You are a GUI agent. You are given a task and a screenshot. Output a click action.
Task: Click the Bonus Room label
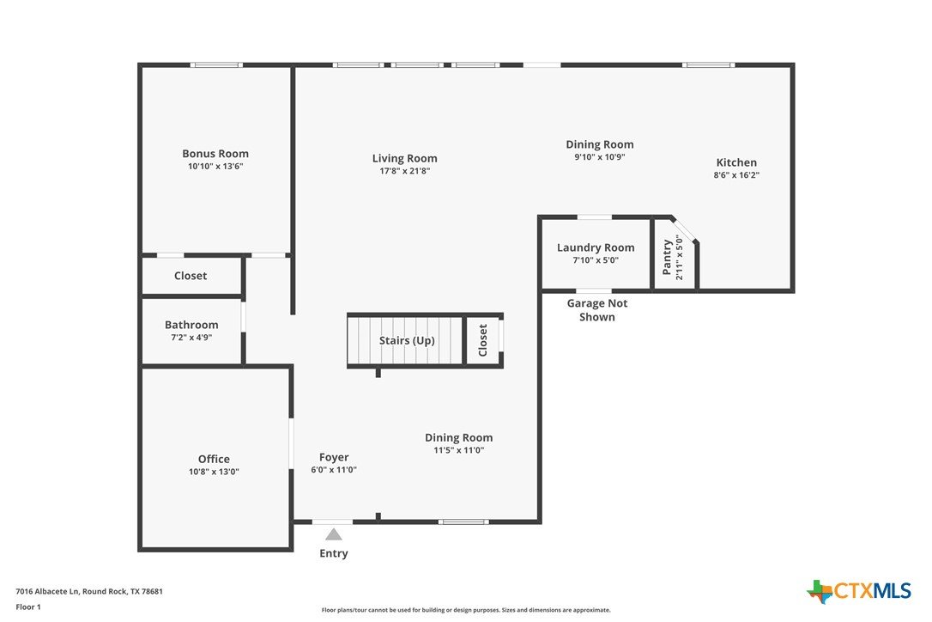click(x=215, y=154)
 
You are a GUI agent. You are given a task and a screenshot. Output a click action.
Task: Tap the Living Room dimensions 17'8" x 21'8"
click(x=405, y=172)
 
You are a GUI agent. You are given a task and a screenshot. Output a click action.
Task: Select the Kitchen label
click(x=736, y=162)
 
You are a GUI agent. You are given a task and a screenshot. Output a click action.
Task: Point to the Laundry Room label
click(x=596, y=247)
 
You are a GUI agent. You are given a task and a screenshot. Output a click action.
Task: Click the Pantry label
click(x=667, y=257)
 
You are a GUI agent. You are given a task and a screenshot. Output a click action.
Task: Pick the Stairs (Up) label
click(x=407, y=340)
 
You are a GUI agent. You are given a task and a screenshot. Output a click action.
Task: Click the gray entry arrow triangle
click(x=334, y=534)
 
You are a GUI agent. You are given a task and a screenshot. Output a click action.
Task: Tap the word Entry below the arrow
click(x=334, y=553)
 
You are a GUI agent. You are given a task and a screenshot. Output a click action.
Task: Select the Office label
click(x=214, y=459)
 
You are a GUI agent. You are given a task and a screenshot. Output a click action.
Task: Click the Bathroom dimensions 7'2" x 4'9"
click(x=191, y=338)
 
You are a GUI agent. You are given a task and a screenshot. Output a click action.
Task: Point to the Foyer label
click(x=334, y=457)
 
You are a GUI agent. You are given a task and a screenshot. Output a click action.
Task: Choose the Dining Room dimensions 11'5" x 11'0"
click(x=459, y=450)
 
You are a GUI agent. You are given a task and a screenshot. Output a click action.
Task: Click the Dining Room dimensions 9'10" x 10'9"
click(x=600, y=157)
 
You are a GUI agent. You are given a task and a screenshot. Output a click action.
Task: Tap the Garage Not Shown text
click(x=597, y=310)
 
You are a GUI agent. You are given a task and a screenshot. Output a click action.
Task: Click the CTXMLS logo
click(x=859, y=592)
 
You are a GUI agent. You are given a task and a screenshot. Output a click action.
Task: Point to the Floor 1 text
click(x=28, y=607)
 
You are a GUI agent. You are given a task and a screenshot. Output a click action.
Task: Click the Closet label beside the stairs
click(x=482, y=340)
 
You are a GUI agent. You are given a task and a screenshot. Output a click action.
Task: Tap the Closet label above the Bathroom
click(x=191, y=276)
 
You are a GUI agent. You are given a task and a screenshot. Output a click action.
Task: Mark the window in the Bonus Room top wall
click(x=216, y=65)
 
